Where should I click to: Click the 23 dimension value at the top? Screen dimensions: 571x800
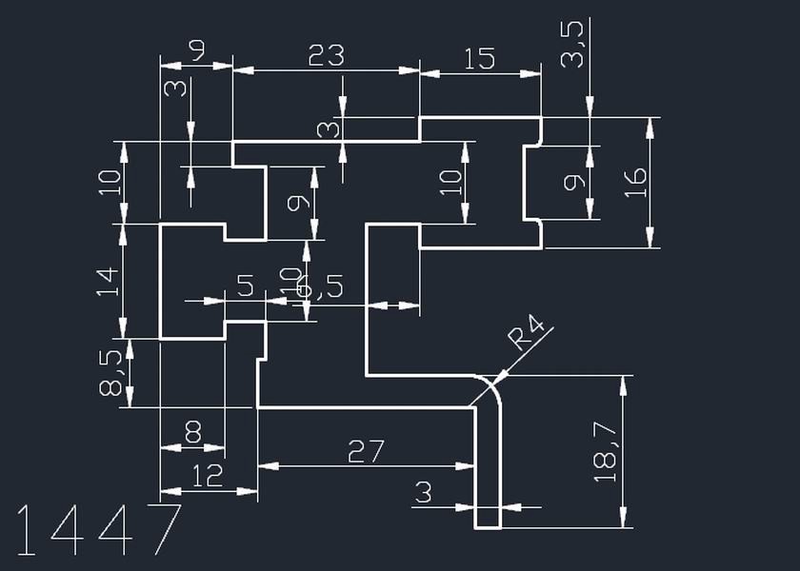pos(326,56)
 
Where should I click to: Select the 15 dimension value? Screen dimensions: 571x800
pos(478,58)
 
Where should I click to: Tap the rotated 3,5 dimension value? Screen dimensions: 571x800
pos(572,45)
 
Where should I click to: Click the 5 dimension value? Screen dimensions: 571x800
pos(245,285)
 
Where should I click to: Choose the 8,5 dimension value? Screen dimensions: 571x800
pos(110,373)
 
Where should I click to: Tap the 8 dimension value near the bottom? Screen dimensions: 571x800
pos(192,434)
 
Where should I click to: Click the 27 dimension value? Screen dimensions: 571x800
pos(366,451)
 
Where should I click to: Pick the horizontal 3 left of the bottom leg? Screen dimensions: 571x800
pos(424,492)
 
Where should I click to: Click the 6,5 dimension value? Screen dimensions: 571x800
pos(322,286)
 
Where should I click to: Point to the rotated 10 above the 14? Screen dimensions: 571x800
pos(110,181)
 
